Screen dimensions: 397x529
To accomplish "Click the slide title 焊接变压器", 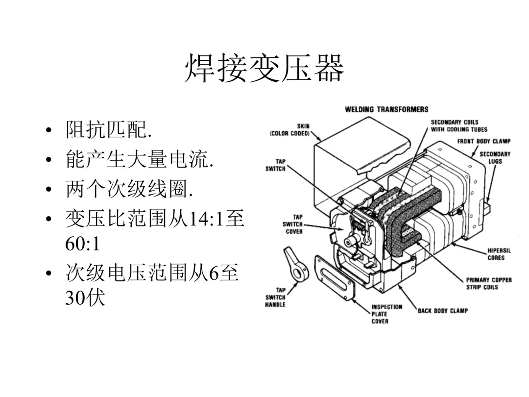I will (x=264, y=69).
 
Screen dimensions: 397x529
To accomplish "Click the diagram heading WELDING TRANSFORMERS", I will (x=386, y=109).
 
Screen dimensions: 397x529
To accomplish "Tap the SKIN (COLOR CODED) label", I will (x=290, y=130).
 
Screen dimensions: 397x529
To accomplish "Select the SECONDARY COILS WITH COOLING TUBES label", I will (x=458, y=126).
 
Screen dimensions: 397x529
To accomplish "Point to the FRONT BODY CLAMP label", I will (x=483, y=142).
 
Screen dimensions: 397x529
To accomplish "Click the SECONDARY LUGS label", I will (x=495, y=157).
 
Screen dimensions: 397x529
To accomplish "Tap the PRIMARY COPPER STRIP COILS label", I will (x=488, y=283).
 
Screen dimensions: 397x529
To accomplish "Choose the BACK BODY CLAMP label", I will (x=442, y=311).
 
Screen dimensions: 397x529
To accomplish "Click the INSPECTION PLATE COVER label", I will (x=386, y=314).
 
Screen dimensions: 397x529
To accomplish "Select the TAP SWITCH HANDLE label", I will (x=275, y=298).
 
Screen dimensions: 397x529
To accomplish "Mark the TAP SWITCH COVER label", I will (x=292, y=224).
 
